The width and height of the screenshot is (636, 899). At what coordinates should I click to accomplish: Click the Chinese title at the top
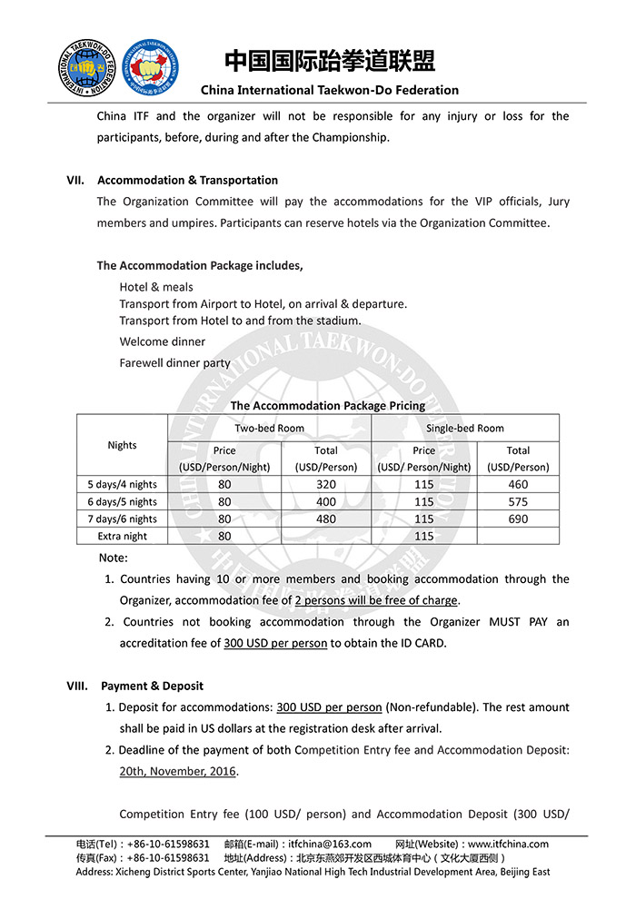tap(330, 62)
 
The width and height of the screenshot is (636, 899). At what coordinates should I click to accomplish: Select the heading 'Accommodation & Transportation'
tap(188, 180)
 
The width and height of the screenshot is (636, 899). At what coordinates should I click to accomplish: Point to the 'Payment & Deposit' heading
tap(153, 686)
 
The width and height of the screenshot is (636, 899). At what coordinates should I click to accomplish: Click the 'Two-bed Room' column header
tap(270, 428)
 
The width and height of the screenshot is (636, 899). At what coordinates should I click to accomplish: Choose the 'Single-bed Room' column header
tap(465, 428)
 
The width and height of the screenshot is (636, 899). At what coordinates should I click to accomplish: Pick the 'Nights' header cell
tap(122, 445)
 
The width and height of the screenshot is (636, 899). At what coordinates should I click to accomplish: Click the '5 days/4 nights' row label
tap(122, 484)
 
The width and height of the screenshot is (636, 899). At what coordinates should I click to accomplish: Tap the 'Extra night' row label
tap(122, 536)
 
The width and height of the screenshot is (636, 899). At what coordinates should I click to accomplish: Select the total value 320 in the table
tap(326, 484)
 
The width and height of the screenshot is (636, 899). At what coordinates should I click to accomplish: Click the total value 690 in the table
tap(518, 519)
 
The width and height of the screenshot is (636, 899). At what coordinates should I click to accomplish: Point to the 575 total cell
tap(518, 501)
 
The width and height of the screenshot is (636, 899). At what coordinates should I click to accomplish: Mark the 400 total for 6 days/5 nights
tap(326, 501)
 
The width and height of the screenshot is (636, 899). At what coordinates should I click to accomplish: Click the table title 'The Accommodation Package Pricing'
tap(327, 406)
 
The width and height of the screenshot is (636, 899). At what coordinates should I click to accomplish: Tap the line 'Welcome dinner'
tap(163, 341)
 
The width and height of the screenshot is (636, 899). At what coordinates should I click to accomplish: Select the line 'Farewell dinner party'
tap(175, 362)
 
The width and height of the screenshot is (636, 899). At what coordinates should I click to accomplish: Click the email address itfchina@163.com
tap(330, 844)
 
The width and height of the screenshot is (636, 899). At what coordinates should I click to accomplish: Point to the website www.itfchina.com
tap(509, 844)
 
